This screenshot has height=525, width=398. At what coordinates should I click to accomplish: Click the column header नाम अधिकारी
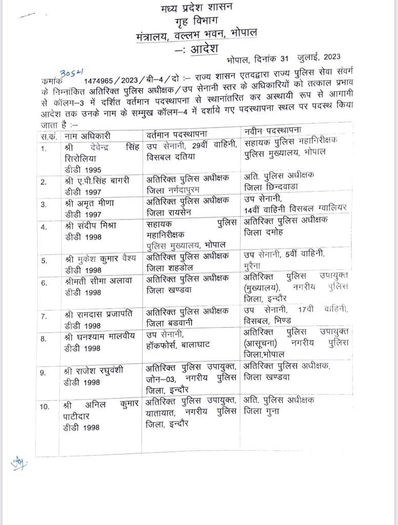[88, 136]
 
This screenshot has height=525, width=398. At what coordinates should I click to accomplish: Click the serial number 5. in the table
[45, 260]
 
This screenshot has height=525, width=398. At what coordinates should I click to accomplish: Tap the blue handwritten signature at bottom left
[18, 463]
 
